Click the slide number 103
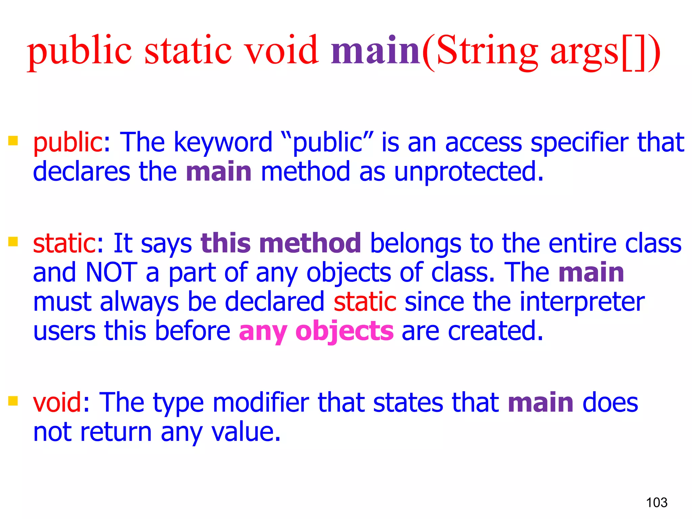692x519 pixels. pos(657,502)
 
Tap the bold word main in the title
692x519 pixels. pos(375,51)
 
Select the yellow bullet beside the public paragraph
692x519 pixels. pos(13,141)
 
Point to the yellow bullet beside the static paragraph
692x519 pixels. pos(13,242)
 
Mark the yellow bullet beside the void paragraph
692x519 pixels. pos(13,401)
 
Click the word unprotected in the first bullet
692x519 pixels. pos(468,172)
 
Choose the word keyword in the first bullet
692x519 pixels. pos(223,143)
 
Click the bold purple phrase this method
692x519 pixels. pos(281,243)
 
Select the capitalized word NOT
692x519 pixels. pos(112,272)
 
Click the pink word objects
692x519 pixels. pos(344,332)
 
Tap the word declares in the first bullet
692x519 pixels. pos(81,172)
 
